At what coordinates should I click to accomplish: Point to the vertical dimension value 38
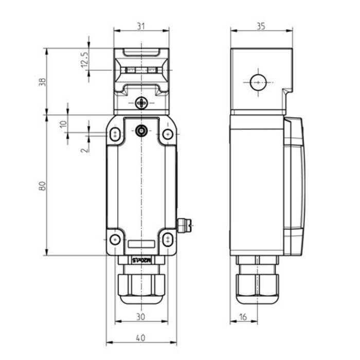[x=42, y=81]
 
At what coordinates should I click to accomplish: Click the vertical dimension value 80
[x=42, y=186]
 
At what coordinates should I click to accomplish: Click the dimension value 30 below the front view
[x=140, y=317]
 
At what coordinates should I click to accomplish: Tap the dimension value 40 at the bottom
[x=140, y=338]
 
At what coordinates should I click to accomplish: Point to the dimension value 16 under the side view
[x=243, y=317]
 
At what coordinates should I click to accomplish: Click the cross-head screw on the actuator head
[x=141, y=103]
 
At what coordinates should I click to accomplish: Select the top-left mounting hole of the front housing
[x=115, y=134]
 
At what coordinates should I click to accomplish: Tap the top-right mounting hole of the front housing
[x=167, y=134]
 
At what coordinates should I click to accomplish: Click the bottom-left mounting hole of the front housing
[x=115, y=239]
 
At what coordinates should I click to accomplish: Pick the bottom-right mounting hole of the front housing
[x=167, y=239]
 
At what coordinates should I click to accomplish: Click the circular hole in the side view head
[x=257, y=82]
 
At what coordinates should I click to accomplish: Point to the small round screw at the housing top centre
[x=141, y=131]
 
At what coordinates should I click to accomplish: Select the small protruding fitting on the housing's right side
[x=184, y=224]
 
